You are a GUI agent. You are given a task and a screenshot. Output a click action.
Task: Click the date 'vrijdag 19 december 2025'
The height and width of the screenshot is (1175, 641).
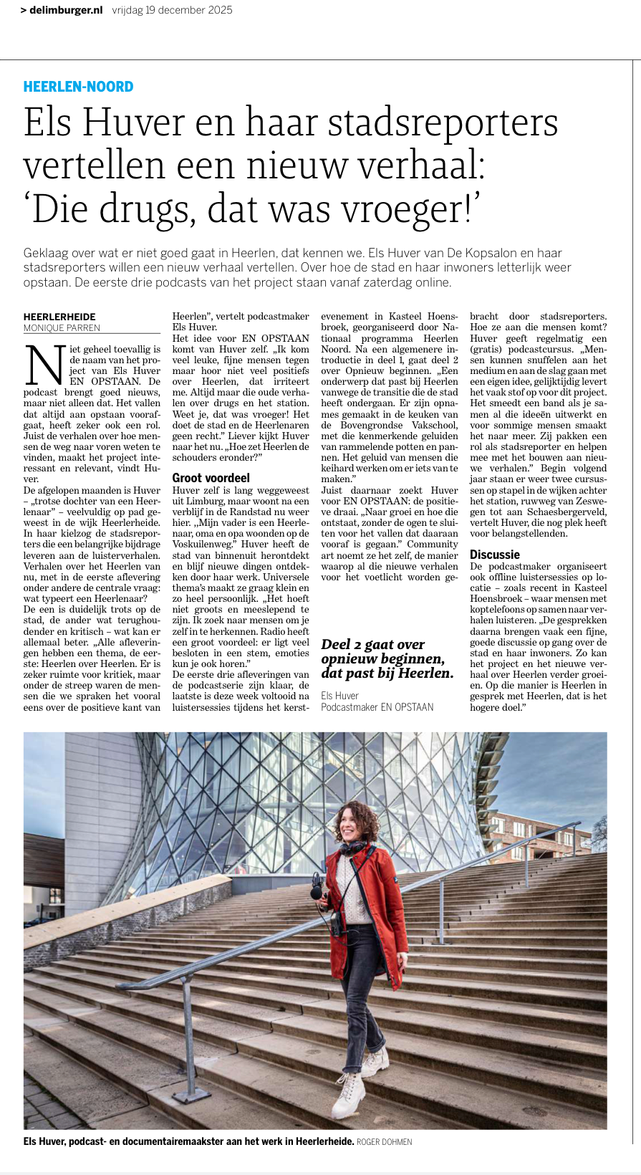click(x=172, y=10)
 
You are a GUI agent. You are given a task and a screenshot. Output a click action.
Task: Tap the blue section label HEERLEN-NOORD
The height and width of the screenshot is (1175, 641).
click(x=78, y=87)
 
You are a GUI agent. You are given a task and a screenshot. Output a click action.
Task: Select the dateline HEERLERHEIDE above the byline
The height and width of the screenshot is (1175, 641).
click(x=59, y=317)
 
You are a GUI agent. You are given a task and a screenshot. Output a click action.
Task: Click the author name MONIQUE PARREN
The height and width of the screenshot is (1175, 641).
click(x=62, y=327)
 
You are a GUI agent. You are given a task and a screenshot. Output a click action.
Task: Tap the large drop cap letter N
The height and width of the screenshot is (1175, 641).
click(x=45, y=365)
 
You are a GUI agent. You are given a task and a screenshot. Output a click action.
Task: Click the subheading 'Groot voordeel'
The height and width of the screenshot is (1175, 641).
click(x=211, y=477)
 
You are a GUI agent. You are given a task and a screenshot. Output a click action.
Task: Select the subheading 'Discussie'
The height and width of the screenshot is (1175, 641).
click(x=494, y=554)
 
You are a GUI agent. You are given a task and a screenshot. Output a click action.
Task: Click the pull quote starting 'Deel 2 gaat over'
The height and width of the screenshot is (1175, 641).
click(x=387, y=658)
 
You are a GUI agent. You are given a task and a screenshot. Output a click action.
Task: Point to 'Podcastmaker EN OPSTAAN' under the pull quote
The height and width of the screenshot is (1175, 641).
click(x=377, y=707)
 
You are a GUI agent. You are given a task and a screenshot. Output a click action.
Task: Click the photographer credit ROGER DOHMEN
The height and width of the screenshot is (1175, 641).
click(x=384, y=1141)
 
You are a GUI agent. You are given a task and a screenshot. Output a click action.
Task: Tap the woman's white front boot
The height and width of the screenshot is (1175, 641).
click(x=350, y=1095)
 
